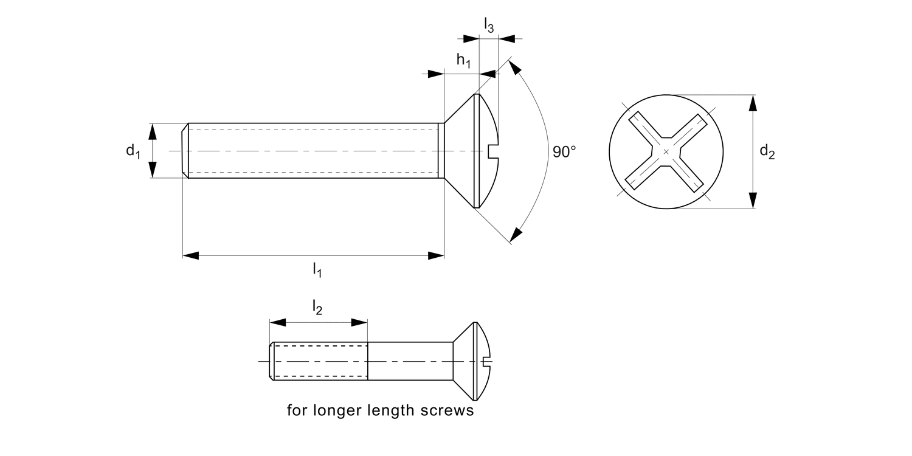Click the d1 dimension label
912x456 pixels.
pyautogui.click(x=133, y=151)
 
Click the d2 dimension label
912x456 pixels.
pyautogui.click(x=767, y=152)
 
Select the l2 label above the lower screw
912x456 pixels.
pyautogui.click(x=317, y=308)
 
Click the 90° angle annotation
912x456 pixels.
pyautogui.click(x=564, y=151)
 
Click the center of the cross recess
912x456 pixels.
pyautogui.click(x=666, y=151)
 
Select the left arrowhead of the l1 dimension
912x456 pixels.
pyautogui.click(x=191, y=255)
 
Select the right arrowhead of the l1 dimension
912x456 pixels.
pyautogui.click(x=436, y=255)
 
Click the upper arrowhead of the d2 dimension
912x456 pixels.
pyautogui.click(x=753, y=103)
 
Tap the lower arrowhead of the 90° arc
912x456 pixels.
pyautogui.click(x=516, y=235)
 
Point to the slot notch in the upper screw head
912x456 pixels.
pyautogui.click(x=493, y=151)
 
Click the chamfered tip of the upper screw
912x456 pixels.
pyautogui.click(x=185, y=151)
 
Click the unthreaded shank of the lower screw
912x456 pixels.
pyautogui.click(x=410, y=361)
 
